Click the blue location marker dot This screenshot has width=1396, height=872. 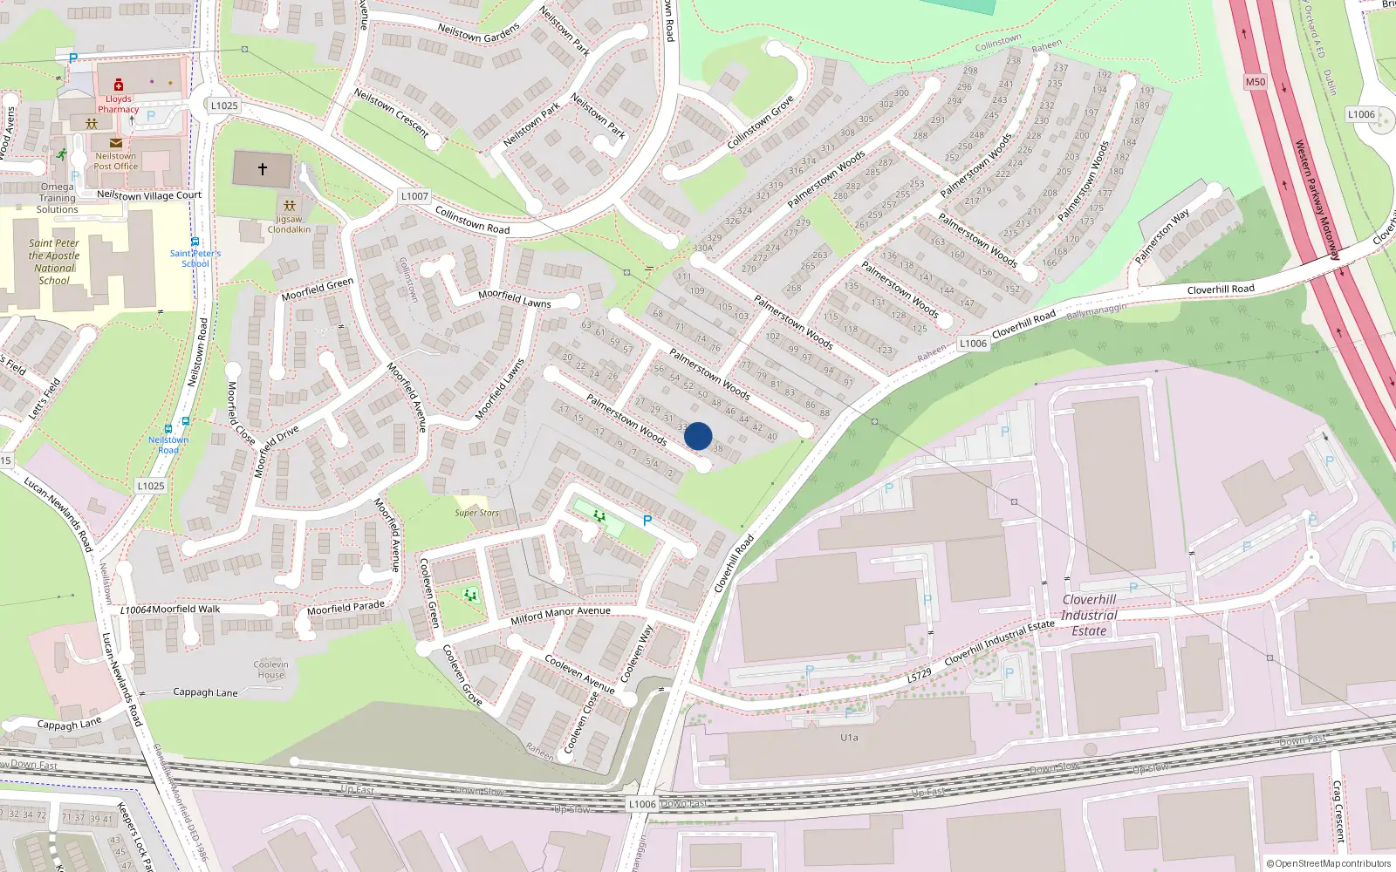pyautogui.click(x=698, y=436)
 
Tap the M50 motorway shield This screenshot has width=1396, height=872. pyautogui.click(x=1255, y=82)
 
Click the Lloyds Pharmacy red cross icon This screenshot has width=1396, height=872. pyautogui.click(x=119, y=85)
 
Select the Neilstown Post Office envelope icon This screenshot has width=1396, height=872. pyautogui.click(x=115, y=143)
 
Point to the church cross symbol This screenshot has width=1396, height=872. pyautogui.click(x=262, y=169)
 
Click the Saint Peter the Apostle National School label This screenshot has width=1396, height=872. pyautogui.click(x=54, y=262)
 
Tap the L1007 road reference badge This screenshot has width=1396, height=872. pyautogui.click(x=414, y=196)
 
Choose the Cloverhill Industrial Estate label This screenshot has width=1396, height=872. pyautogui.click(x=1089, y=615)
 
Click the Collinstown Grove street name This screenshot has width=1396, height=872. pyautogui.click(x=760, y=122)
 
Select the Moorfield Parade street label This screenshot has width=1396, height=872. pyautogui.click(x=346, y=607)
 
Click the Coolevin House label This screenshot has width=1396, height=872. pyautogui.click(x=270, y=670)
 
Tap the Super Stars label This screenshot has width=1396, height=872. pyautogui.click(x=476, y=513)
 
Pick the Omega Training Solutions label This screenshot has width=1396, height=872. pyautogui.click(x=57, y=198)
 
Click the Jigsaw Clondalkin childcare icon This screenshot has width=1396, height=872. pyautogui.click(x=290, y=207)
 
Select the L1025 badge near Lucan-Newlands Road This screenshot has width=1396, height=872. pyautogui.click(x=150, y=486)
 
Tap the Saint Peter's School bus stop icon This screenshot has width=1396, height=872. pyautogui.click(x=195, y=242)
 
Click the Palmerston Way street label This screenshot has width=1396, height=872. pyautogui.click(x=1161, y=236)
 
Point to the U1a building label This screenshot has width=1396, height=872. pyautogui.click(x=849, y=738)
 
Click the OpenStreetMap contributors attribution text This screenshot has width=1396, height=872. pyautogui.click(x=1328, y=863)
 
